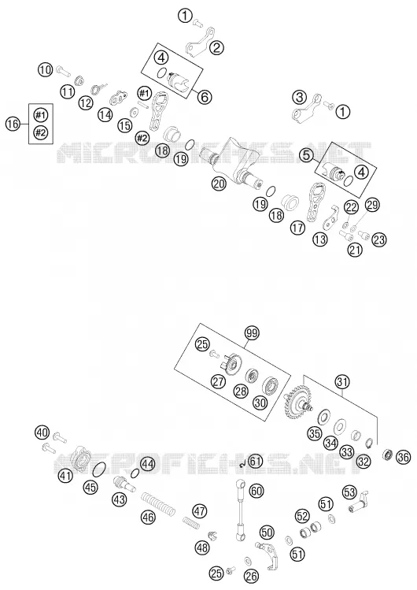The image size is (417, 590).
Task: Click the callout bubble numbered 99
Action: [252, 333]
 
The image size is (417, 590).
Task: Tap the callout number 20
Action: [219, 184]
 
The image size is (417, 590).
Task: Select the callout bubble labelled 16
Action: [13, 124]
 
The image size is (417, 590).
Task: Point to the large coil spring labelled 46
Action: [158, 503]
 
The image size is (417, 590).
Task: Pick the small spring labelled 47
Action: [191, 522]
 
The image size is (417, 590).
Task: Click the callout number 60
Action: [256, 491]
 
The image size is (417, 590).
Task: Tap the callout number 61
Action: [255, 461]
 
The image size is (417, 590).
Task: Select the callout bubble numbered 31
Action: [342, 382]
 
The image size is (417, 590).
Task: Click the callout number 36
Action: [403, 457]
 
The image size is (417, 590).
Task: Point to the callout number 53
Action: [349, 492]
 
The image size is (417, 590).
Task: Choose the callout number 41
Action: [65, 476]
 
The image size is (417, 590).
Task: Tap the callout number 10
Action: [45, 69]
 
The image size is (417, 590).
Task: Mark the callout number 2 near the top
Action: [217, 48]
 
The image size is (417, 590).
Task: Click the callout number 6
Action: [204, 97]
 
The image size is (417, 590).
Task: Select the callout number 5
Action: [307, 154]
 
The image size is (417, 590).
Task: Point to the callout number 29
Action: [372, 204]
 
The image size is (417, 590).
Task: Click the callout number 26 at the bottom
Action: [251, 575]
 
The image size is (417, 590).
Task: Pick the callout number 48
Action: [202, 547]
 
